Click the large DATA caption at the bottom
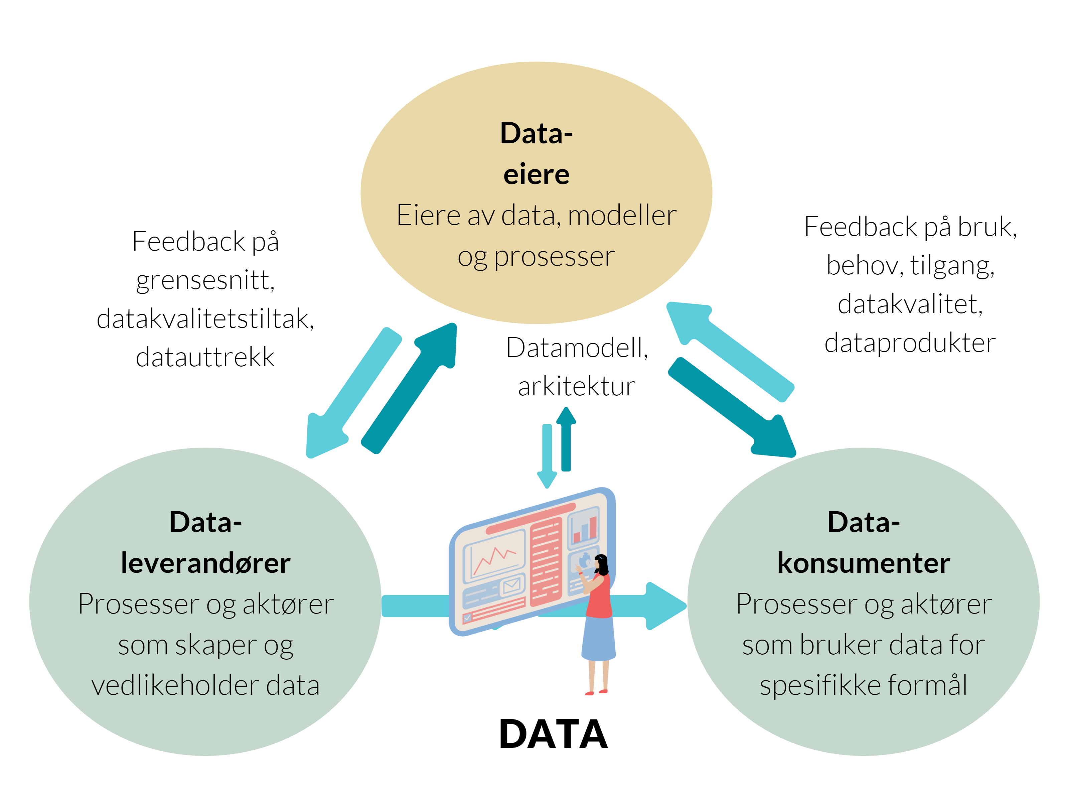(x=553, y=734)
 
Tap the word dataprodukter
(x=910, y=343)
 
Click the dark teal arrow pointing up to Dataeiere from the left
(x=411, y=387)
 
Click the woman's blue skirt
(x=598, y=638)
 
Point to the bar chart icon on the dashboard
(x=584, y=529)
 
